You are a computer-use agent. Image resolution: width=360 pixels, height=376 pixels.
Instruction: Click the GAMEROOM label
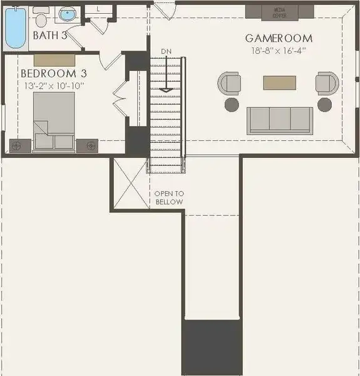[279, 39]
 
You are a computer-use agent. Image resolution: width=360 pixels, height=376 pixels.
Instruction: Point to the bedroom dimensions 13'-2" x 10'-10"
[53, 85]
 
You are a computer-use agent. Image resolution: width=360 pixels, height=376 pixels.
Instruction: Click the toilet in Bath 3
[41, 17]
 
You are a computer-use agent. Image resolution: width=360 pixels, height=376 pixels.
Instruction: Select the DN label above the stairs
[166, 51]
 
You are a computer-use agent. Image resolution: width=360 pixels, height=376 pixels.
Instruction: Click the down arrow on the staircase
[166, 81]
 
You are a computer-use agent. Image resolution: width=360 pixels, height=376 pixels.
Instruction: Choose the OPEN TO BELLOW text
[169, 198]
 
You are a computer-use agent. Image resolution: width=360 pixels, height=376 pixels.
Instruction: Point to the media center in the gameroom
[279, 11]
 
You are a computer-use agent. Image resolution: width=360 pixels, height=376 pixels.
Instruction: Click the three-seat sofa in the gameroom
[280, 120]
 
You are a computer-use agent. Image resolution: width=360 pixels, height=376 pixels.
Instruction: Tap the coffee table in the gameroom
[279, 82]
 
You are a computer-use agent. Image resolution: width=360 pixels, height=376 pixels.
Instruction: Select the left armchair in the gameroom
[230, 83]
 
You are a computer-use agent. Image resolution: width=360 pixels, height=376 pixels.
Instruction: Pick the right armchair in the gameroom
[327, 83]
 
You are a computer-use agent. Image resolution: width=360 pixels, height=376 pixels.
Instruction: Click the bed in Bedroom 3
[53, 122]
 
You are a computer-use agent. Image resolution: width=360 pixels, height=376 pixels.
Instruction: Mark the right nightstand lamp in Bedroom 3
[91, 145]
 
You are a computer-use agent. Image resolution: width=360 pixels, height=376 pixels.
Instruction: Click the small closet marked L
[99, 9]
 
